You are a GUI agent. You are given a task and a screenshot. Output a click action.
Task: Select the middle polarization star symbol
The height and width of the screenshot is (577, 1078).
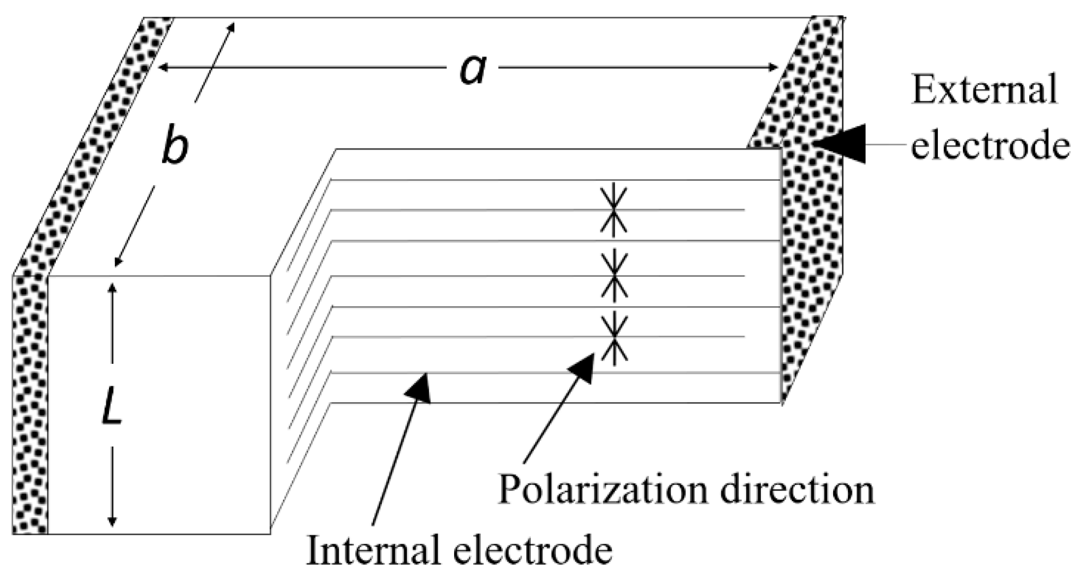tap(613, 273)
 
